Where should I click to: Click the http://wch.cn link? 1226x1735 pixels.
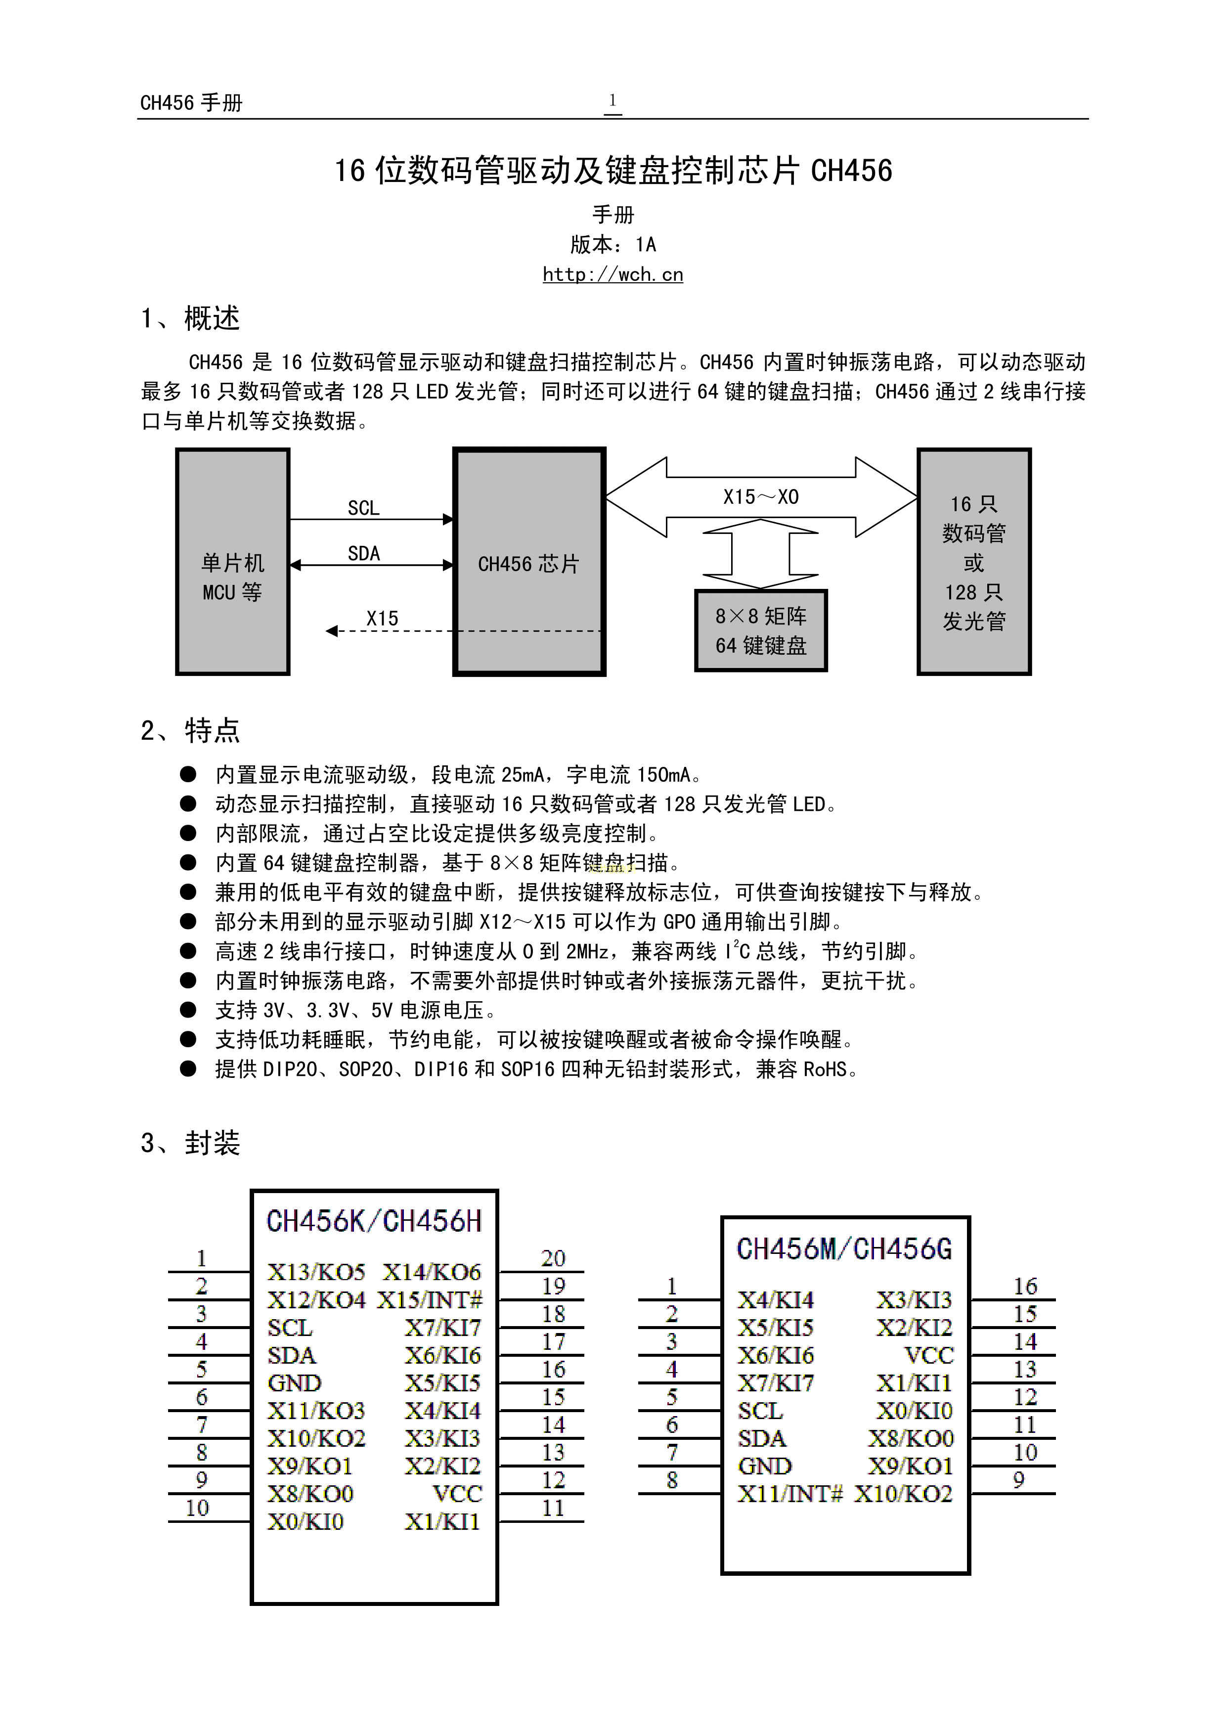(x=613, y=274)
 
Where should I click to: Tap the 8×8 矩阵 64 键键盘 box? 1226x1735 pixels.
(x=761, y=630)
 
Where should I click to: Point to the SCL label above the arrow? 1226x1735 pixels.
(x=363, y=508)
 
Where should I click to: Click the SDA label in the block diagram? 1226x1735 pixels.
(x=363, y=554)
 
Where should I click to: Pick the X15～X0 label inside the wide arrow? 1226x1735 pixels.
(x=761, y=497)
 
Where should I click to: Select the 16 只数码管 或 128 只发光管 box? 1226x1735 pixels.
(x=974, y=562)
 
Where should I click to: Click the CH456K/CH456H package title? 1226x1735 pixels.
(x=374, y=1221)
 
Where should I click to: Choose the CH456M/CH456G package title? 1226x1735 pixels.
(x=844, y=1248)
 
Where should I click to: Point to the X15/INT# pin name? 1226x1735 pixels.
(x=430, y=1300)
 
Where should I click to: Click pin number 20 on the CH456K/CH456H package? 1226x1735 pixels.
(x=553, y=1258)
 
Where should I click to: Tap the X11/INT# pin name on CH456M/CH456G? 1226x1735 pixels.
(x=790, y=1494)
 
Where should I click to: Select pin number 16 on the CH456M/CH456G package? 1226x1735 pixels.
(x=1025, y=1286)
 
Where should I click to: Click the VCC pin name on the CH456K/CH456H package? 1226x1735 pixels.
(x=457, y=1494)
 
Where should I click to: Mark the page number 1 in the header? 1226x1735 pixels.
(x=613, y=100)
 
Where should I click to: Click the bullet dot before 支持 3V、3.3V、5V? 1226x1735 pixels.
(x=188, y=1010)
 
